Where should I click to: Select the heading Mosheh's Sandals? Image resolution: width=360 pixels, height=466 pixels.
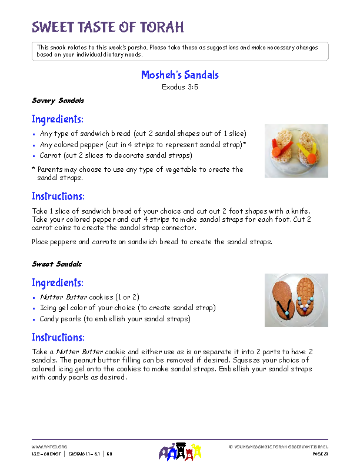click(x=180, y=75)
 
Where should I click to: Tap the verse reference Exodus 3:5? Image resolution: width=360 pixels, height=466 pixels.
click(x=180, y=86)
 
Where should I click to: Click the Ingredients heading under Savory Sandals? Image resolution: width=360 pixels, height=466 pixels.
click(x=58, y=119)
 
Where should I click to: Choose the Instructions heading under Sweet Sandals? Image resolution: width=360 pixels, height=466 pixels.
click(x=58, y=338)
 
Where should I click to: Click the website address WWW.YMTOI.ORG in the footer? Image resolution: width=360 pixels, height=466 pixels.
click(x=45, y=447)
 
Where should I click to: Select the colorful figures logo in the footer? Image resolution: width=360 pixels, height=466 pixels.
click(x=180, y=452)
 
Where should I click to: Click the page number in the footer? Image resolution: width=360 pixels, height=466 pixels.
click(x=320, y=454)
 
